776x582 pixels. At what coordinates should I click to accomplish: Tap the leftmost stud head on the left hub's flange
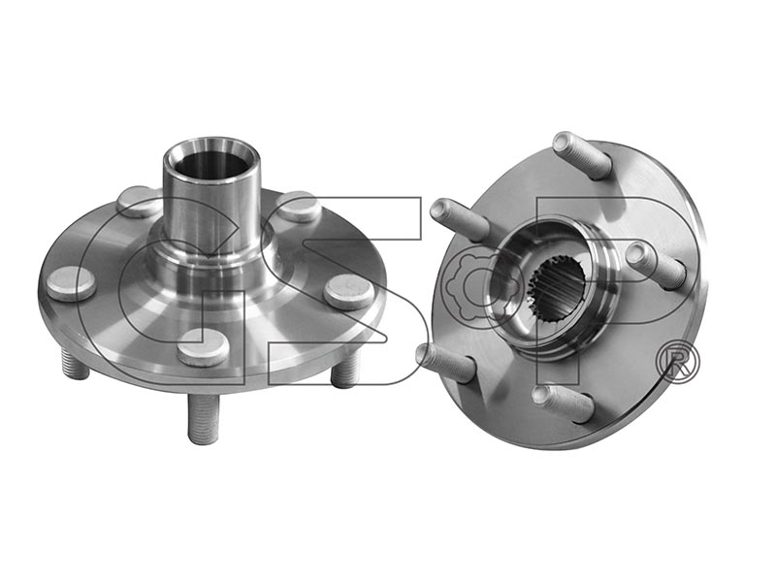72,283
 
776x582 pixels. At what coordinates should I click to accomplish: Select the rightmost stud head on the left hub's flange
350,292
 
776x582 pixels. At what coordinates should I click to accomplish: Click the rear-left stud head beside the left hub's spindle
139,201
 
